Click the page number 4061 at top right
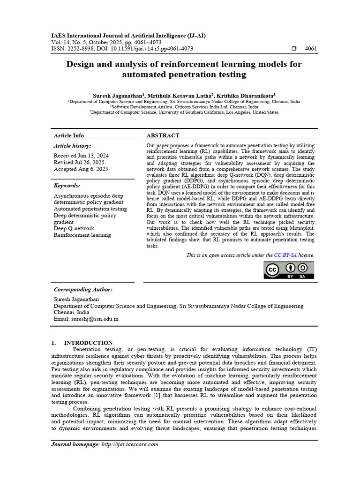[x=311, y=49]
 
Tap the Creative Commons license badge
[x=288, y=270]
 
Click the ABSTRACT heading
[x=163, y=135]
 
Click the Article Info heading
[x=69, y=135]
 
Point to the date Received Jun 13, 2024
[x=81, y=155]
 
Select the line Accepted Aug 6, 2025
[x=81, y=169]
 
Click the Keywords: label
[x=67, y=186]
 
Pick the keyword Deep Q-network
[x=74, y=228]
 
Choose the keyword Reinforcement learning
[x=82, y=235]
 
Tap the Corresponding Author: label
[x=83, y=290]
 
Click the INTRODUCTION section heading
[x=88, y=343]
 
